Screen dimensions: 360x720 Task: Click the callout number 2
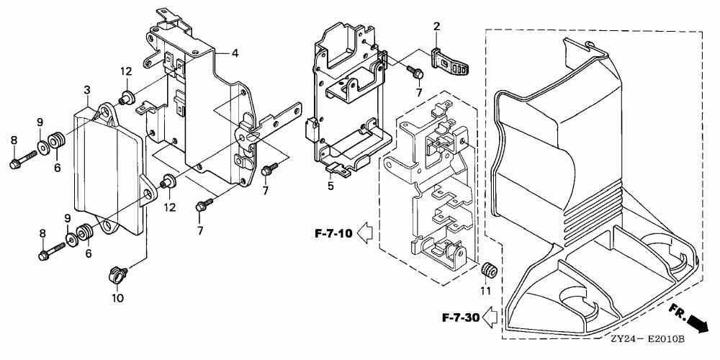pos(436,27)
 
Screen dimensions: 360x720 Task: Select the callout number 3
pos(86,90)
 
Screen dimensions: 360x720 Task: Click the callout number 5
pos(330,185)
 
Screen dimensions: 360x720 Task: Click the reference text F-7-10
pos(334,233)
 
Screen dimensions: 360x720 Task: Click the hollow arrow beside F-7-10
pos(365,232)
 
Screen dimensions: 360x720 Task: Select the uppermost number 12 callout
pos(127,71)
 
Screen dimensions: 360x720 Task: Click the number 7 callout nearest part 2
pos(418,94)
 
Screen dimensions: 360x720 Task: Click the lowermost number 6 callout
pos(89,253)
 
